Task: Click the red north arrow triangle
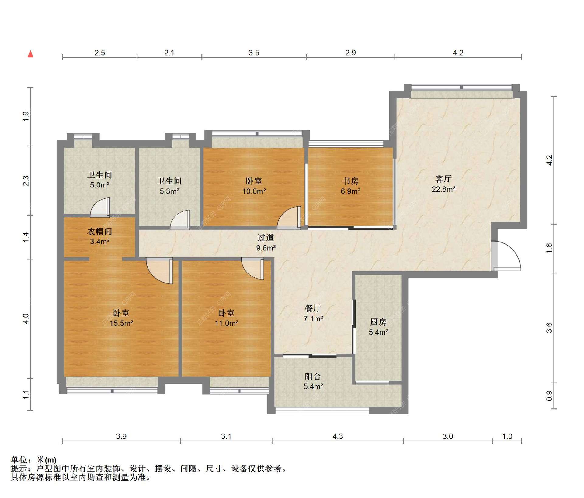(x=30, y=54)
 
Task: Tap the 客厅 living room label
(x=443, y=179)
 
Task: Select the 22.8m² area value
(x=443, y=189)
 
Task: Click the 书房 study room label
(x=350, y=181)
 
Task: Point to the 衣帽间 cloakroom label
(x=99, y=232)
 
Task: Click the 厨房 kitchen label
(x=378, y=322)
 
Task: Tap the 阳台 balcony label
(x=313, y=376)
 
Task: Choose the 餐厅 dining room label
(x=313, y=308)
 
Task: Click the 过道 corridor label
(x=266, y=237)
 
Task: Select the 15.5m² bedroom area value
(x=121, y=323)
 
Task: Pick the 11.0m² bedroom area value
(x=226, y=323)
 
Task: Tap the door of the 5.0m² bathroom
(x=100, y=208)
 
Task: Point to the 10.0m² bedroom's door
(x=289, y=218)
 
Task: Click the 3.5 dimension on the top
(x=254, y=53)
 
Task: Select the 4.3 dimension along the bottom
(x=338, y=436)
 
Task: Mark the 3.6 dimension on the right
(x=549, y=328)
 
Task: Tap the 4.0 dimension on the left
(x=26, y=319)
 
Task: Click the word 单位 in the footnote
(x=19, y=460)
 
